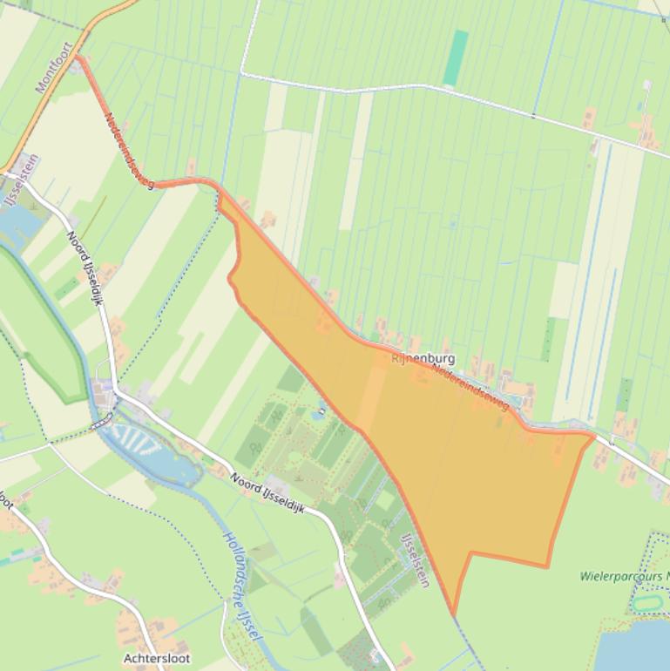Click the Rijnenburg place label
pos(423,358)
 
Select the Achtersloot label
pos(156,658)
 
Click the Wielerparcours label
pos(623,576)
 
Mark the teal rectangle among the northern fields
pos(455,58)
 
